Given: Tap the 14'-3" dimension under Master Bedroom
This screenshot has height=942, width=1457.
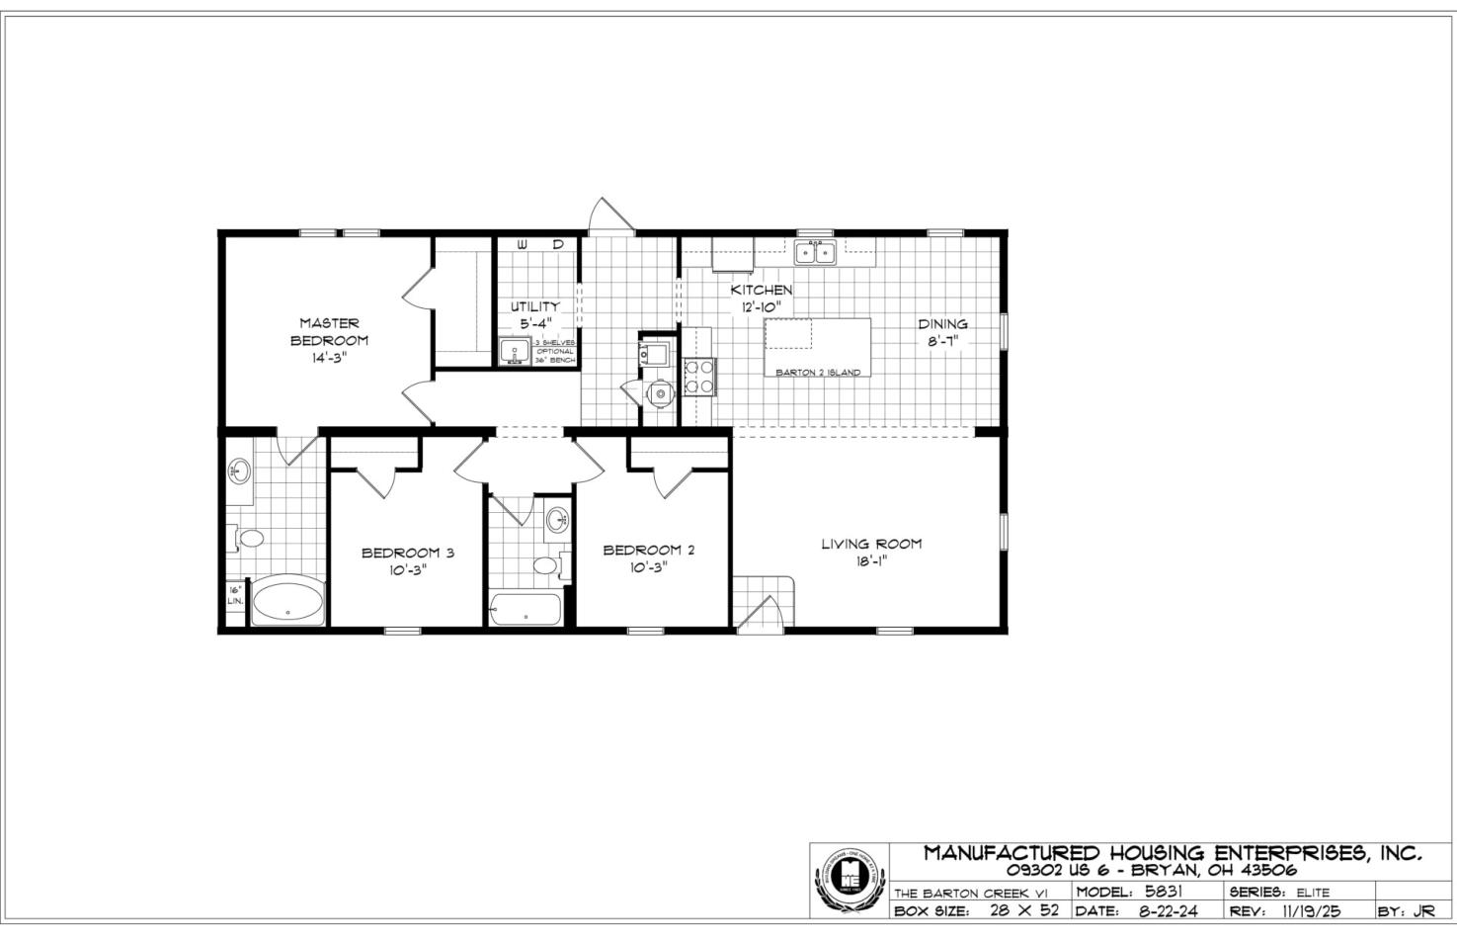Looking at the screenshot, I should pos(329,358).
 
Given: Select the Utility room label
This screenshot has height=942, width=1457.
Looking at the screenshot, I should pos(534,305).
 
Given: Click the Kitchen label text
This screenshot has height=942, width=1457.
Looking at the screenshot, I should pos(761,290).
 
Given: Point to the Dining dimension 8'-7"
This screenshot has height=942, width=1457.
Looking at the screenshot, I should pos(942,340).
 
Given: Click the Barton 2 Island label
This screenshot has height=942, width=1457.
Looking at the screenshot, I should pos(817,373).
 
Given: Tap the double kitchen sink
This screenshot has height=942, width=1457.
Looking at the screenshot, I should pos(815,252).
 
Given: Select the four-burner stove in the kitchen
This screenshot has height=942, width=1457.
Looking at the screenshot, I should pos(699,377).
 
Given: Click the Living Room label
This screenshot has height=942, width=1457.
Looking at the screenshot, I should pos(871,543).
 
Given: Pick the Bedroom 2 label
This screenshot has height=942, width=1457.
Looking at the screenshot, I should pos(649,550).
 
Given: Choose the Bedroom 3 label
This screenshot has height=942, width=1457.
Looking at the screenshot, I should pos(407,553).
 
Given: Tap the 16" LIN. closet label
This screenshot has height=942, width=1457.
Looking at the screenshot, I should pos(235,595).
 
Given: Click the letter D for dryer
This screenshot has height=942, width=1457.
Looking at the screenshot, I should pos(557,243).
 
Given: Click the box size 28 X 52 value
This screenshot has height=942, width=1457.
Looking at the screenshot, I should pos(1023,910).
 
